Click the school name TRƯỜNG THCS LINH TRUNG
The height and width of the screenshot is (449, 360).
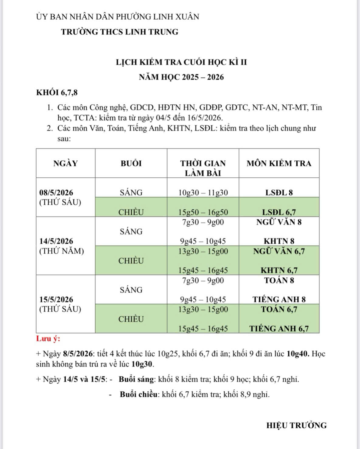(119, 32)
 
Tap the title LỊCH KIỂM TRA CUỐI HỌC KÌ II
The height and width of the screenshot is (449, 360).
(182, 62)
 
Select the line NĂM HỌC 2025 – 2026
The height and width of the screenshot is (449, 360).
(182, 77)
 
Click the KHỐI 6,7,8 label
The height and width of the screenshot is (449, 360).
(57, 93)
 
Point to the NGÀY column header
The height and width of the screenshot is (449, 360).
(65, 163)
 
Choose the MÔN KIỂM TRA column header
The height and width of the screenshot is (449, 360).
(279, 163)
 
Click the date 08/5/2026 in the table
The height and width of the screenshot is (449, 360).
(56, 193)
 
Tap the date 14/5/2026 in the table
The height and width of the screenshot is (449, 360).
(56, 241)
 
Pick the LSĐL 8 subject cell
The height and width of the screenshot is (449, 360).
(279, 193)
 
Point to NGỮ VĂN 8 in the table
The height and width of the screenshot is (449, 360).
(279, 222)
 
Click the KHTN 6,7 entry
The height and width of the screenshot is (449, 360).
(279, 270)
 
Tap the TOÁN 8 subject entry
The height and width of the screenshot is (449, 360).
(279, 280)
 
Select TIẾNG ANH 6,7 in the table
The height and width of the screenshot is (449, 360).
(279, 329)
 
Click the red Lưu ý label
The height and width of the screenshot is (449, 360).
(48, 339)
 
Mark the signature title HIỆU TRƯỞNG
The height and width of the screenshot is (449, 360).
(296, 425)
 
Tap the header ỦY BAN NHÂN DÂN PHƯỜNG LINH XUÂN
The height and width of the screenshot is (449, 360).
(117, 17)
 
